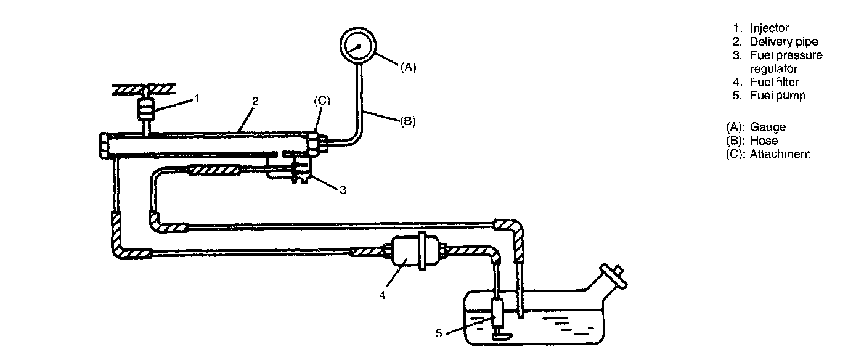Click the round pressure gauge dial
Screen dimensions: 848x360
coord(357,46)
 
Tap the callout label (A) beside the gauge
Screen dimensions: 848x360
coord(408,67)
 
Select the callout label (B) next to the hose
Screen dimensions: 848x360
coord(408,121)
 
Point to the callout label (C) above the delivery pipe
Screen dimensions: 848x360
coord(322,100)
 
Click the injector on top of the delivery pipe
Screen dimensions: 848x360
coord(145,109)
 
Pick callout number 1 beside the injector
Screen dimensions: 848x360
coord(196,99)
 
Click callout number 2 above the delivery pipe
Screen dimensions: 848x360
coord(256,101)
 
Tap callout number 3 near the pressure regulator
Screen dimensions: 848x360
coord(343,190)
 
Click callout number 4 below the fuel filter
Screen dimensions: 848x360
coord(382,295)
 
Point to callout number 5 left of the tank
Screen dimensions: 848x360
coord(439,333)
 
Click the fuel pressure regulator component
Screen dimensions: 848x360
coord(301,171)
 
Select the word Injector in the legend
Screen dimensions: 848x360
coord(769,28)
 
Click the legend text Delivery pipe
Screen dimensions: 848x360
coord(784,42)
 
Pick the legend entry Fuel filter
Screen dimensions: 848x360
coord(775,82)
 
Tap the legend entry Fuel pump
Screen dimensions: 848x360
coord(778,96)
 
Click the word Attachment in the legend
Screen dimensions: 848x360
coord(780,154)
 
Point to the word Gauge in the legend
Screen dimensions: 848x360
coord(768,127)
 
